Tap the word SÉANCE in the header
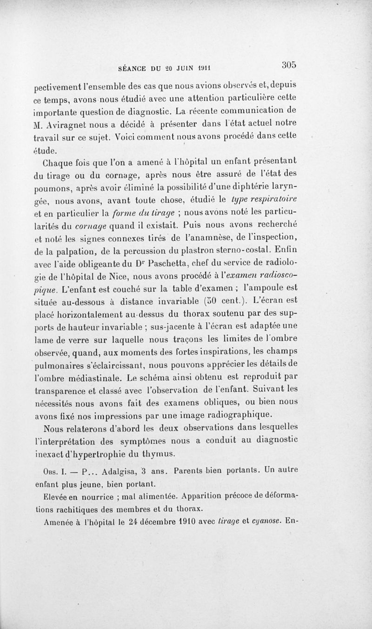[x=133, y=67]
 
